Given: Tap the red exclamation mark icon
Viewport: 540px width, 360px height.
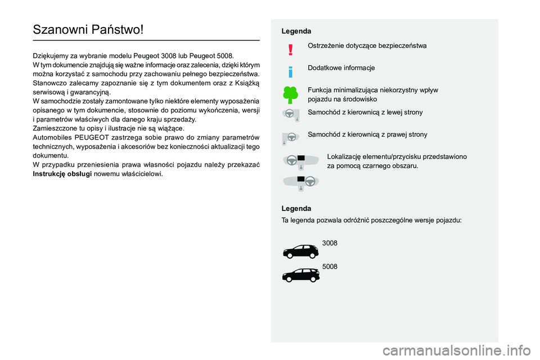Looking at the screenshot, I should pyautogui.click(x=290, y=50).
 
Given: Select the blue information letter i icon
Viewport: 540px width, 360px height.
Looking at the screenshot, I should pyautogui.click(x=290, y=72).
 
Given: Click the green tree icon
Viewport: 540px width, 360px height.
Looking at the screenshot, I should pyautogui.click(x=290, y=94).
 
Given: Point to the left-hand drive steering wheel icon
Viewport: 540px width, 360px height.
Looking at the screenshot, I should pyautogui.click(x=290, y=115).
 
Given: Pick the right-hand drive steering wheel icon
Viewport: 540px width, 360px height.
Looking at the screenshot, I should pyautogui.click(x=290, y=137).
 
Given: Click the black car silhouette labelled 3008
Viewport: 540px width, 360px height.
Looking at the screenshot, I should pyautogui.click(x=300, y=250).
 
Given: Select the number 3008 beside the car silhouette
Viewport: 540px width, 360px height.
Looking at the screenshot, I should pyautogui.click(x=330, y=243).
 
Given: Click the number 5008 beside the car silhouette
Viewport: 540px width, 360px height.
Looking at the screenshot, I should pyautogui.click(x=330, y=266).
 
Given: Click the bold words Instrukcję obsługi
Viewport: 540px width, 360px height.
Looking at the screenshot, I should pyautogui.click(x=61, y=174).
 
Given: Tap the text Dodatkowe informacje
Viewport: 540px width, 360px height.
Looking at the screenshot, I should pyautogui.click(x=341, y=67).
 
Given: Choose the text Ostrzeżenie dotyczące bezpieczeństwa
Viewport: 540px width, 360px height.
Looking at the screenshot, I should pyautogui.click(x=367, y=45).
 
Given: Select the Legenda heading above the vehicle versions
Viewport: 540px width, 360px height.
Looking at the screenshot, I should pyautogui.click(x=296, y=208).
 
